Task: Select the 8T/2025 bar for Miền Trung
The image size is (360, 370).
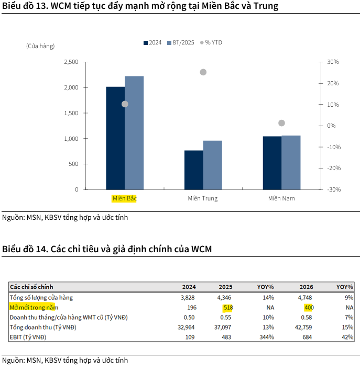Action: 212,165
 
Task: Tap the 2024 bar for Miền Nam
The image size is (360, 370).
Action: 272,163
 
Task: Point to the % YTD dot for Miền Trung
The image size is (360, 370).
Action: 203,72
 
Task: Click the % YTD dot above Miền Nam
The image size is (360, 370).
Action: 281,123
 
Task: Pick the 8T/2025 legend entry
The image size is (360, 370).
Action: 181,42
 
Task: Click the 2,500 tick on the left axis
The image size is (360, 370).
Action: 71,62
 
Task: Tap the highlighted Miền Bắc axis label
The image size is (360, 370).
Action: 124,198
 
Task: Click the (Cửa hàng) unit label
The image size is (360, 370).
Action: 40,47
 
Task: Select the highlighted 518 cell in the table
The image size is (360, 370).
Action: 227,307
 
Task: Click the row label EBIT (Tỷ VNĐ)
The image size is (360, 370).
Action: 28,337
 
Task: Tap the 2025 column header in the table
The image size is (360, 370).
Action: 225,287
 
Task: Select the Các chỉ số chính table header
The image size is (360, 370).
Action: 31,287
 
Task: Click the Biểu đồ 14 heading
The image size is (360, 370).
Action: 107,249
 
